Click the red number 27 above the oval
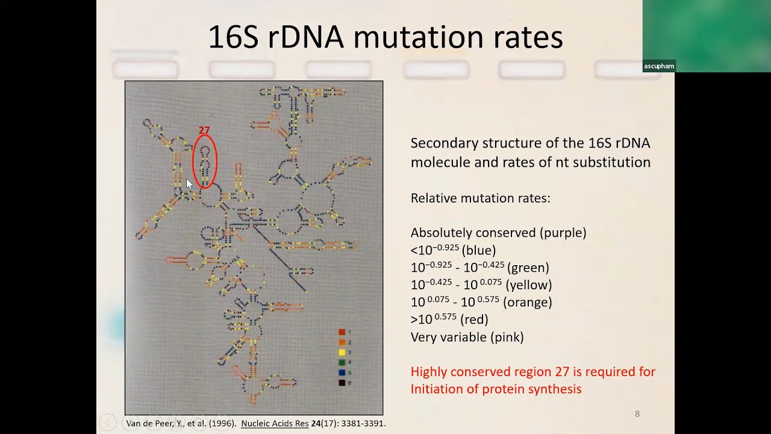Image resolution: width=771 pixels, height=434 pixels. coord(204,131)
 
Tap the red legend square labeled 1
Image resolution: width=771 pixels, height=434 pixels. coord(342,332)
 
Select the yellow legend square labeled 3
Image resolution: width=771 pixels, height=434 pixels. coord(342,353)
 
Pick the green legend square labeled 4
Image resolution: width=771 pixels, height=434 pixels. coord(342,363)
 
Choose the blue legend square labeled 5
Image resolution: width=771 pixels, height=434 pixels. coord(342,373)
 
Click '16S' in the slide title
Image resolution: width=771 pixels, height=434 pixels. coord(233,37)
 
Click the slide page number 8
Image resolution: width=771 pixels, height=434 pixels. coord(637,414)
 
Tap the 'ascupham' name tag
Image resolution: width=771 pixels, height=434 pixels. coord(659,66)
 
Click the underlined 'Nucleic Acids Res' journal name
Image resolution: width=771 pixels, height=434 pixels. coord(275,424)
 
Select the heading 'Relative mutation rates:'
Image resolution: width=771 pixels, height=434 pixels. coord(480,198)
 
